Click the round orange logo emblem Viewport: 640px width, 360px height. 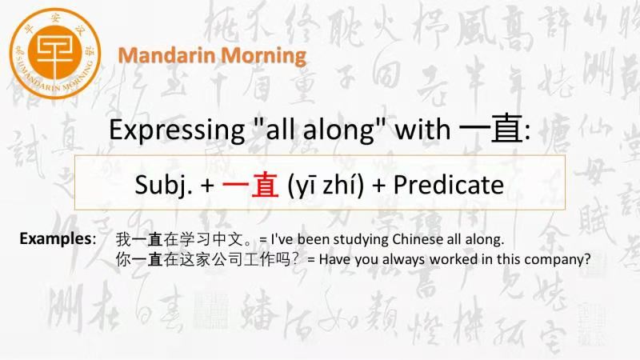(54, 53)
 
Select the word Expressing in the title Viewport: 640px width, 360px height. (177, 130)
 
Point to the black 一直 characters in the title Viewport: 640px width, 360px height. (491, 128)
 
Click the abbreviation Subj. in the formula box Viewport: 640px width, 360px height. (163, 185)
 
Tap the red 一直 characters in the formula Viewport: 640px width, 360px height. (250, 185)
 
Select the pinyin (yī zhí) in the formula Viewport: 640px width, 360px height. (326, 185)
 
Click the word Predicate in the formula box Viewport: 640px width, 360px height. (448, 185)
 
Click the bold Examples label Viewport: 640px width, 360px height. (58, 238)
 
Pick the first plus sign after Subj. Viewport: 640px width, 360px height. (207, 186)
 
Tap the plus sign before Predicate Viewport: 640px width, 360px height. (378, 186)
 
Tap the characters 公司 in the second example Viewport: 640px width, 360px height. (228, 259)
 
